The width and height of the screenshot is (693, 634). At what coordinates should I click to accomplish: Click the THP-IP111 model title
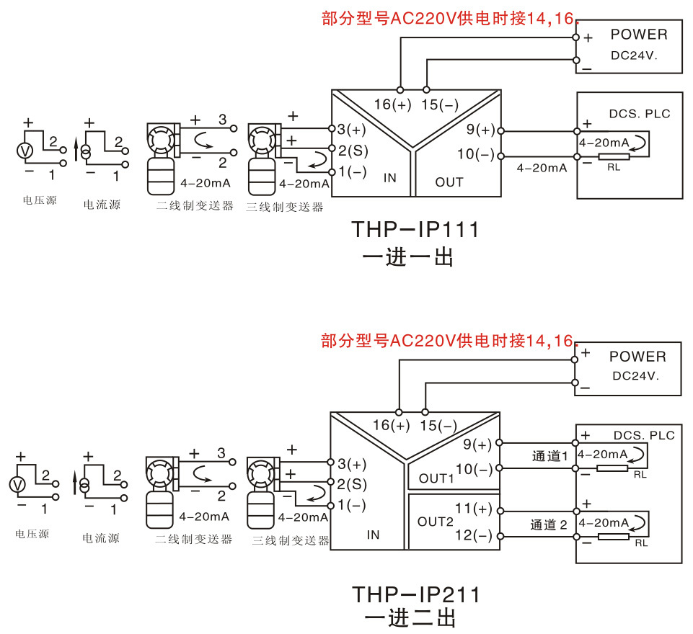(415, 230)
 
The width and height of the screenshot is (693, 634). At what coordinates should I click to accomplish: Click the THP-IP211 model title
(415, 594)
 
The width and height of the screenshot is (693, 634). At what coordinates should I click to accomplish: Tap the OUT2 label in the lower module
(436, 522)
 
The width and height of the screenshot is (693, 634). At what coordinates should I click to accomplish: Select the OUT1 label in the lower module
(436, 478)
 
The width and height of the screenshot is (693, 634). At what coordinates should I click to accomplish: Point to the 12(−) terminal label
(474, 535)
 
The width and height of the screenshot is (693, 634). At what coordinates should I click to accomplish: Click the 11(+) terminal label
(474, 509)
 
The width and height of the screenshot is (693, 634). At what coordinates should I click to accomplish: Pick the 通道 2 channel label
(549, 525)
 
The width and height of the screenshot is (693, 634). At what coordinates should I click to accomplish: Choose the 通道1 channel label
(549, 456)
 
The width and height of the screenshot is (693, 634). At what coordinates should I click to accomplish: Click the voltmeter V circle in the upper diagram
(25, 151)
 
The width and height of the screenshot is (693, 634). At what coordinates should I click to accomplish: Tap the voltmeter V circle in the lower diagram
(17, 485)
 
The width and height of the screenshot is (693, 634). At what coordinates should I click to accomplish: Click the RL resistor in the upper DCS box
(614, 157)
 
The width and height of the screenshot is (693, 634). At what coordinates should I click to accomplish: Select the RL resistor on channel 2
(614, 537)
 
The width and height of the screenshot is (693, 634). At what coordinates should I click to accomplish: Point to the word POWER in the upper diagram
(639, 35)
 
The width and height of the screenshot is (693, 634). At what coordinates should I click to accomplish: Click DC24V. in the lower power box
(635, 376)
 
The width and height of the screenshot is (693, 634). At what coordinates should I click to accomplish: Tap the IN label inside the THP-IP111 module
(390, 178)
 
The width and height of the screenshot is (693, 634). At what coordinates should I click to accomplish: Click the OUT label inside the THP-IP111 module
(449, 182)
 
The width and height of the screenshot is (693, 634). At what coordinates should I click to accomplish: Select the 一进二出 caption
(410, 618)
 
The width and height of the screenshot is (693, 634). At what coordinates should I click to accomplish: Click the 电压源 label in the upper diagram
(40, 200)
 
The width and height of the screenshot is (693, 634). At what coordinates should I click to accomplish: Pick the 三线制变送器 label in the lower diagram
(291, 540)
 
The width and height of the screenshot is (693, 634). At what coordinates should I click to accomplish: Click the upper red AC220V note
(449, 19)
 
